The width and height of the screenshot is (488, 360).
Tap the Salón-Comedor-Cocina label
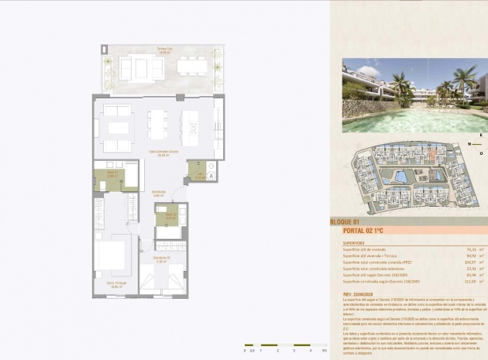point(163,153)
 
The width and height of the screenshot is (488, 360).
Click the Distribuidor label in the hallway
point(159,194)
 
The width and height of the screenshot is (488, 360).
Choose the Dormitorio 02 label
point(161,259)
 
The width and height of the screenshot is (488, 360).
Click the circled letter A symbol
point(211,176)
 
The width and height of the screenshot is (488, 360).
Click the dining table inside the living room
point(158,124)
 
